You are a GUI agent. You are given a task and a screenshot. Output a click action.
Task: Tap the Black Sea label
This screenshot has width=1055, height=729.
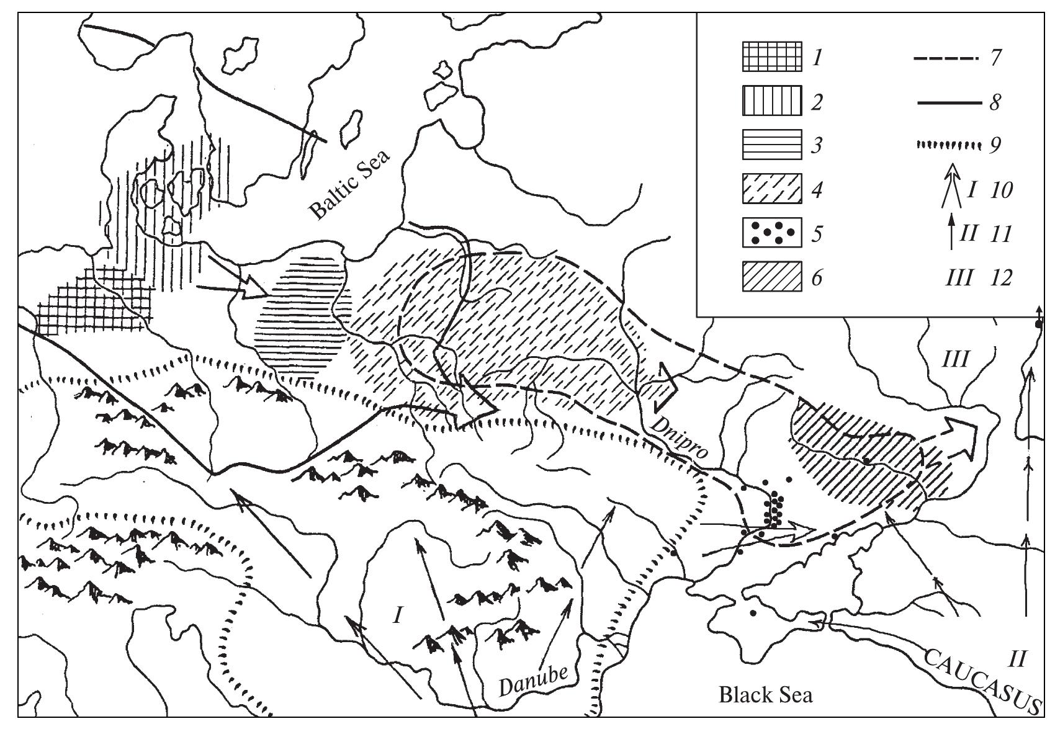(765, 694)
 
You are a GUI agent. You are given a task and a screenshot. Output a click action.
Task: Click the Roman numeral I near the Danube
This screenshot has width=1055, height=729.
(398, 615)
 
